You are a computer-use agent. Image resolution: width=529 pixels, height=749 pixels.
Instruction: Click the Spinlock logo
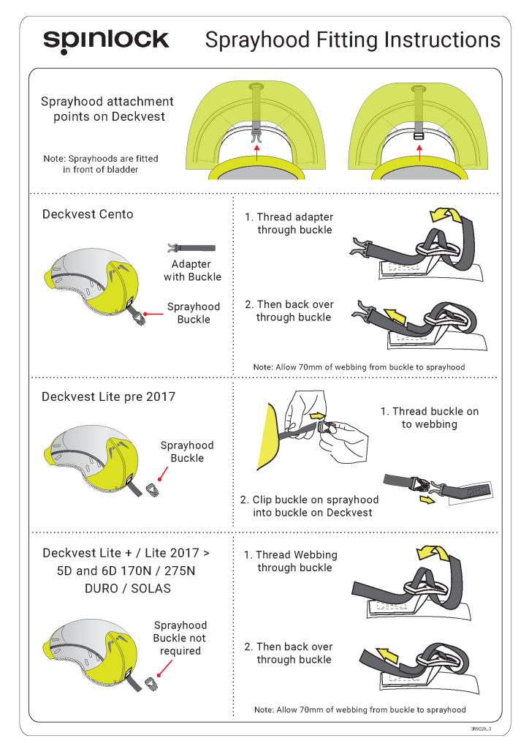106,41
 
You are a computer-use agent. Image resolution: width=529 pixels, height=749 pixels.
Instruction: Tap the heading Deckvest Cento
88,214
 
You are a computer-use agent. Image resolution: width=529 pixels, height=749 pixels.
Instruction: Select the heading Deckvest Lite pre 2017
108,397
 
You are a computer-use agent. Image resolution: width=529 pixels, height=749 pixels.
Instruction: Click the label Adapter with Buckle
192,271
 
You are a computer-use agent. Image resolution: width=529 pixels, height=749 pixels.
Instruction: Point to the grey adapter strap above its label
191,247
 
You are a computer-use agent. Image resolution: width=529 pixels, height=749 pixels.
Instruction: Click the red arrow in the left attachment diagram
257,153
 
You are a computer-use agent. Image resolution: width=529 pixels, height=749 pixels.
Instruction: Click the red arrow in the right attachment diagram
419,153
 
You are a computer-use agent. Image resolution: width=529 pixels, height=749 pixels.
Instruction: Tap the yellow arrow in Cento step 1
446,216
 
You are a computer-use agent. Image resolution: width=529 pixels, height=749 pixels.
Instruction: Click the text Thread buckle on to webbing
430,418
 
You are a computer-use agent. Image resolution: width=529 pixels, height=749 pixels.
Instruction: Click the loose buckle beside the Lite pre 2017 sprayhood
153,490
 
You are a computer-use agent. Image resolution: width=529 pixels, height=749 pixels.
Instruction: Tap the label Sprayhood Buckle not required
180,638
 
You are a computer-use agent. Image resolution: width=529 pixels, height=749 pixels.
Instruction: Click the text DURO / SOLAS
127,589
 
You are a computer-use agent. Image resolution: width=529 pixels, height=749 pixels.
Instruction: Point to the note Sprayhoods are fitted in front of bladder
101,164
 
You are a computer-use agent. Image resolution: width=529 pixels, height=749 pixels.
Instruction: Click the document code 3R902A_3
481,729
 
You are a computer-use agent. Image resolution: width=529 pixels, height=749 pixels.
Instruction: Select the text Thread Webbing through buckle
291,561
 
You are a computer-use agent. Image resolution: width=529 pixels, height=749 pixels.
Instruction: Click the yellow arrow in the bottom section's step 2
387,656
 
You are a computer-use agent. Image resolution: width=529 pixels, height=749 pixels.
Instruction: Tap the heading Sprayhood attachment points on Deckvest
107,109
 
